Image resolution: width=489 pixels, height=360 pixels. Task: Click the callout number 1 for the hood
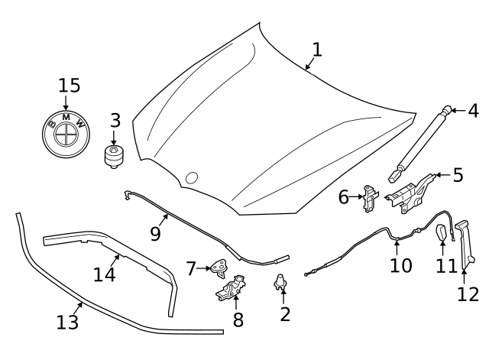tap(317, 50)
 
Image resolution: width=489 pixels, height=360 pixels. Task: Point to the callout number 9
tap(155, 233)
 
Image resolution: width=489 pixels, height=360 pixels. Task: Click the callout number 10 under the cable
tap(400, 265)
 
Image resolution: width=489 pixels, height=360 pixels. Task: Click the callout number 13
tap(68, 323)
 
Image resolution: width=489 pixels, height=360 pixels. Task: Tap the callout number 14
tap(105, 273)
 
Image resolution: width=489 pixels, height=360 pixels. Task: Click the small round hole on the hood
tap(192, 178)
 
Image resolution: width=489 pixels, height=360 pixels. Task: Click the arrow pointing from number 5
tap(439, 175)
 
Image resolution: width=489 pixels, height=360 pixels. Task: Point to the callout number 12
tap(468, 294)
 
